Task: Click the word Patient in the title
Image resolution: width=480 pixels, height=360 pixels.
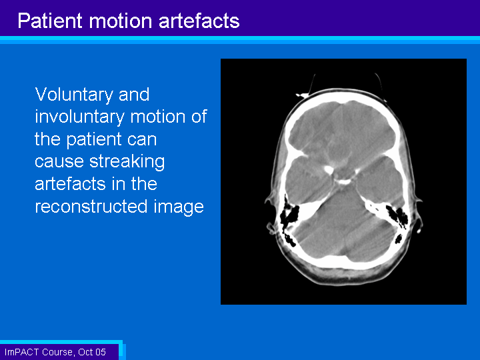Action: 50,21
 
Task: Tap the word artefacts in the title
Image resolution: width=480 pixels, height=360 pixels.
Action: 199,21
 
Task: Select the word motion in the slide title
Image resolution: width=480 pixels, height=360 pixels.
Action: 121,21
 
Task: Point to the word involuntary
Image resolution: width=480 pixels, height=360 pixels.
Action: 79,117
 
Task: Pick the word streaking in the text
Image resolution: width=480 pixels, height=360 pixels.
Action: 127,161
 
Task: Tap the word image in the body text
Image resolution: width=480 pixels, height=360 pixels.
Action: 179,207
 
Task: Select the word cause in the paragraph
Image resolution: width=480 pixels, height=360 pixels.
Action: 59,162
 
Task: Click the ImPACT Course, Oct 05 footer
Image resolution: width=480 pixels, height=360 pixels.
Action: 55,352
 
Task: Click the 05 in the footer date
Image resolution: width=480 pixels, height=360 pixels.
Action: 101,352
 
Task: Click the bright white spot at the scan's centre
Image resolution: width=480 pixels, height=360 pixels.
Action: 329,169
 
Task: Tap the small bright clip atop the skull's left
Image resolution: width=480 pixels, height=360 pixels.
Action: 303,95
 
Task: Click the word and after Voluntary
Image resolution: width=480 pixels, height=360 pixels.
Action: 134,95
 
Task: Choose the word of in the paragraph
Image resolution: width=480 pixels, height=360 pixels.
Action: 199,117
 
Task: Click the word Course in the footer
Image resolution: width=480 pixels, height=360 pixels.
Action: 58,352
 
